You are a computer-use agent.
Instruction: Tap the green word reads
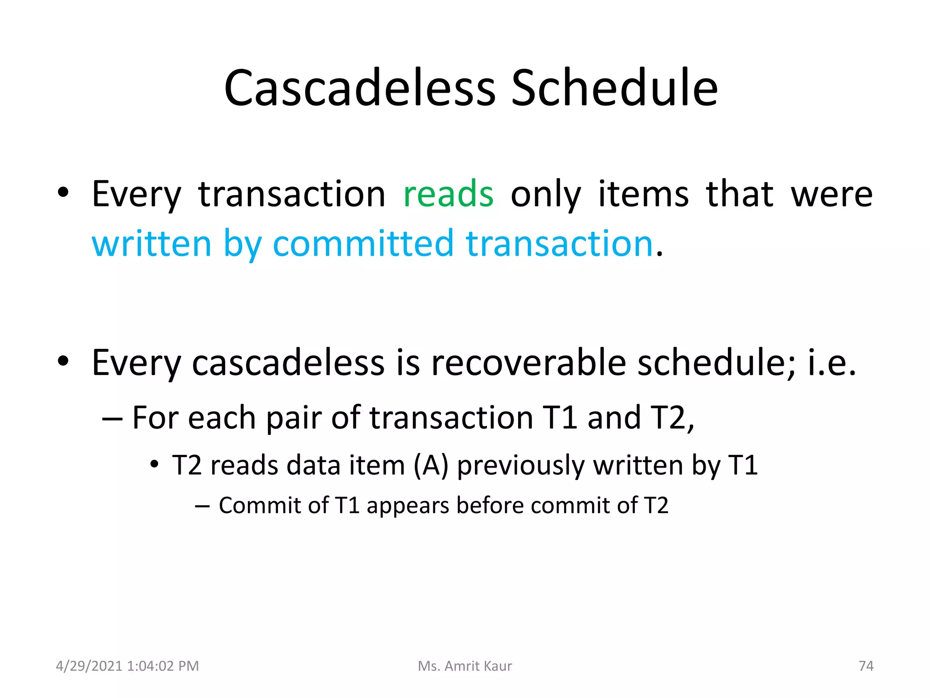[x=448, y=194]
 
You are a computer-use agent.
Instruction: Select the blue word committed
[x=363, y=244]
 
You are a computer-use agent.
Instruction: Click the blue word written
[x=152, y=244]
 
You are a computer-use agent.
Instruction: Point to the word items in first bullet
[x=643, y=194]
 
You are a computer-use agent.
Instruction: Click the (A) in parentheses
[x=431, y=466]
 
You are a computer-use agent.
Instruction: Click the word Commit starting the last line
[x=260, y=505]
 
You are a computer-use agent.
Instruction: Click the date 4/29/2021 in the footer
[x=89, y=666]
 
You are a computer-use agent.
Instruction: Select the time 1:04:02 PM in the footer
[x=163, y=666]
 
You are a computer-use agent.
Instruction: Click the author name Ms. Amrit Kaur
[x=465, y=666]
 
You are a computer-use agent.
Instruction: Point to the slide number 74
[x=866, y=666]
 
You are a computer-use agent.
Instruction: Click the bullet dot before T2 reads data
[x=154, y=464]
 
